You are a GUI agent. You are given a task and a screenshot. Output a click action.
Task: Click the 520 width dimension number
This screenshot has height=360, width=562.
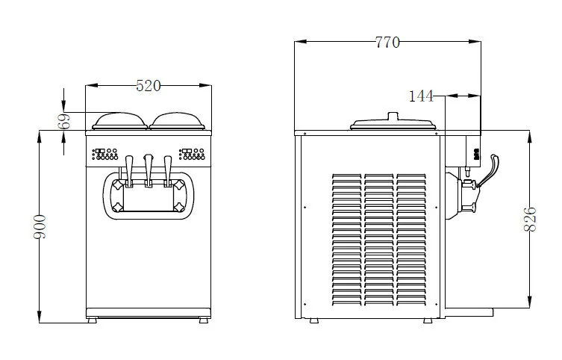(x=149, y=86)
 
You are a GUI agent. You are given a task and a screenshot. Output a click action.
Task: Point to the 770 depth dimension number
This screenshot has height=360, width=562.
(x=387, y=43)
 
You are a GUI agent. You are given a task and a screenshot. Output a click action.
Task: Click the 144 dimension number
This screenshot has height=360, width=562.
(x=422, y=96)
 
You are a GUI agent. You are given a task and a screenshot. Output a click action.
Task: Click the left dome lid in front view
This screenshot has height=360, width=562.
(x=120, y=120)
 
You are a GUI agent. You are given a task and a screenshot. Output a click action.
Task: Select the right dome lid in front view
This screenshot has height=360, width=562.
(x=179, y=120)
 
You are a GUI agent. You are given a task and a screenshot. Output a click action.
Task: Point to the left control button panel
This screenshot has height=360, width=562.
(x=106, y=155)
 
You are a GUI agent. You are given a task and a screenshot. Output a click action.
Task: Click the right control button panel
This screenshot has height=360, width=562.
(x=193, y=155)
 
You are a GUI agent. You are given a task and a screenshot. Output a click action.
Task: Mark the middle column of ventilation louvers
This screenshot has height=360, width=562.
(x=378, y=239)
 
